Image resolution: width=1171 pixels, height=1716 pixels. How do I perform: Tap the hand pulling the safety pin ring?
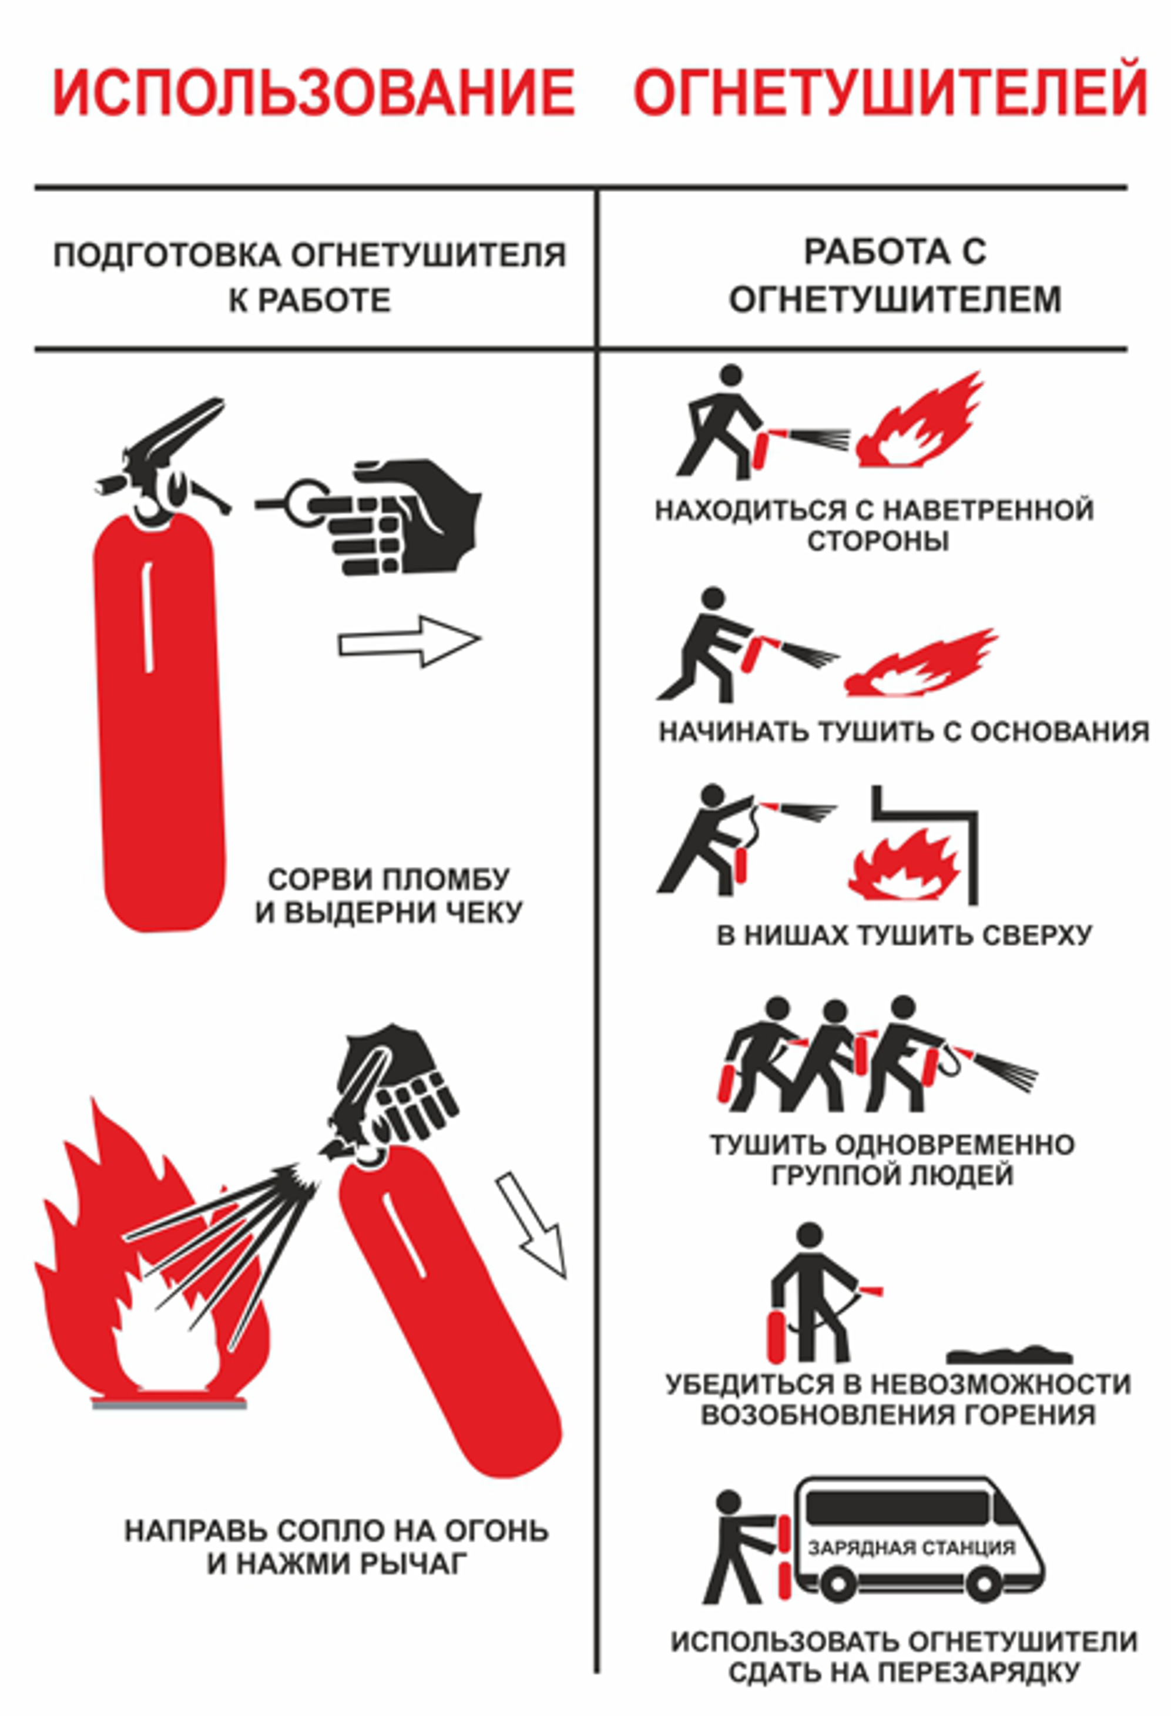coord(402,517)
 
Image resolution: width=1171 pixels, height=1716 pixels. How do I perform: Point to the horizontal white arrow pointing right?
coord(410,642)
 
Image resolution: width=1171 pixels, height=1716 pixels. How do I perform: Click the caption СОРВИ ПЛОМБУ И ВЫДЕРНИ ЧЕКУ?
coord(388,896)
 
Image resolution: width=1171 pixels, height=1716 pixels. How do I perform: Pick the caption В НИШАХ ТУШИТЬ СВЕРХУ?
coord(904,936)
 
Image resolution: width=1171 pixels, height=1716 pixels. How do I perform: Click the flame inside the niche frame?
coord(904,864)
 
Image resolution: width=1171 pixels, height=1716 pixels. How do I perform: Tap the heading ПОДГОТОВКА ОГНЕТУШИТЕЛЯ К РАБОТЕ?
coord(310,277)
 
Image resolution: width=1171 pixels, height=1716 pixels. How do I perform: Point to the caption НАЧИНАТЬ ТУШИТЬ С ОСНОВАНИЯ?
coord(904,732)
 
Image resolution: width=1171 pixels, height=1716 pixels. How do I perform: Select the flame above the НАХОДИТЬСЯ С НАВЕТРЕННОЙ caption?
coord(919,421)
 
